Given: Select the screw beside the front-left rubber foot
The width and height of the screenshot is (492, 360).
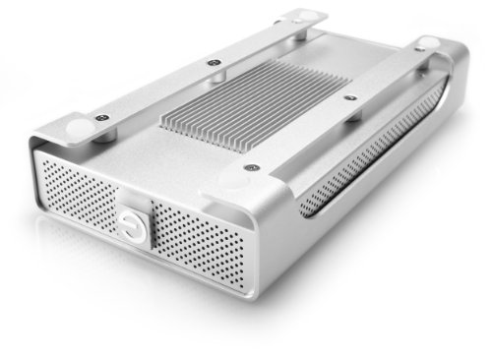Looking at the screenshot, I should tap(103, 117).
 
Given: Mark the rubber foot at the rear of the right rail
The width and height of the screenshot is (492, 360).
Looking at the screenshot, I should tap(430, 43).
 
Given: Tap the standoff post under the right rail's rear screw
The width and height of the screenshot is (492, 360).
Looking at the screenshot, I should tap(413, 63).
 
